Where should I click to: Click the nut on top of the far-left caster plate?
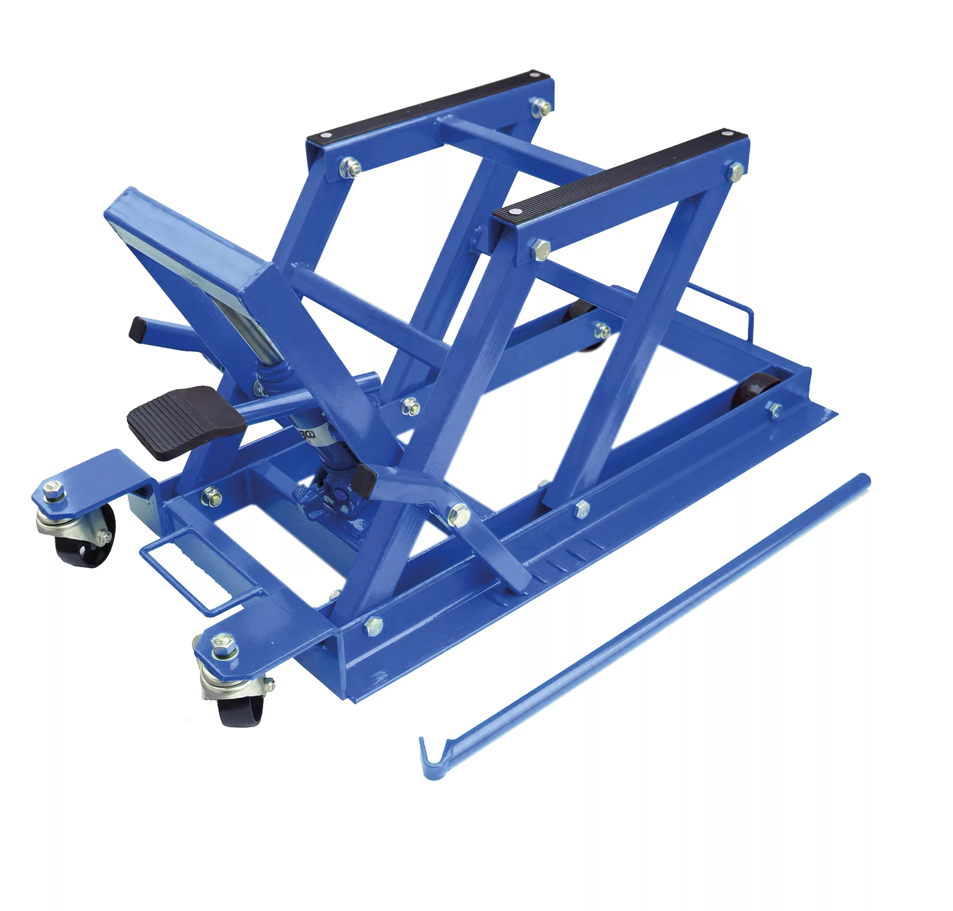click(53, 488)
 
